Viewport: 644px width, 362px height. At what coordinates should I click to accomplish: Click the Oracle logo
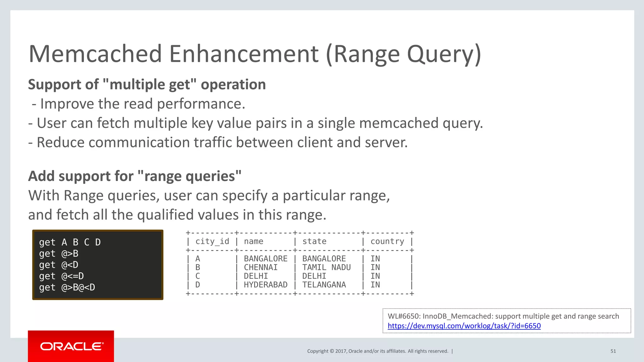tap(71, 346)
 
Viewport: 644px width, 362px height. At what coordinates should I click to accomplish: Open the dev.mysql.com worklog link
tap(464, 326)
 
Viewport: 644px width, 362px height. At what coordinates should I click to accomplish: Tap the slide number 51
tap(613, 351)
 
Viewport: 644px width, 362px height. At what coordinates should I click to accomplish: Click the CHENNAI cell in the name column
tap(260, 267)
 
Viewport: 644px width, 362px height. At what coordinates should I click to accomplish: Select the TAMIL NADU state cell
tap(326, 267)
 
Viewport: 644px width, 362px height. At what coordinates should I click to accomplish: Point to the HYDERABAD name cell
tap(265, 285)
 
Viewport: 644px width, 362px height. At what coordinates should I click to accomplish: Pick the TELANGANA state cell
tap(324, 285)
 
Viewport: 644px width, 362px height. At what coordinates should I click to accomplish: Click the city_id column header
tap(212, 241)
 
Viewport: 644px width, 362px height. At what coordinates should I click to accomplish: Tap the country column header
tap(387, 241)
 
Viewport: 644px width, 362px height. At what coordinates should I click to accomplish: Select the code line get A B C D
tap(70, 242)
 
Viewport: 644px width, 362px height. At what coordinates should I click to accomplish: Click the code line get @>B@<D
tap(67, 287)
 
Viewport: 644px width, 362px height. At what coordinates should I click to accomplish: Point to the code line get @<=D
tap(61, 276)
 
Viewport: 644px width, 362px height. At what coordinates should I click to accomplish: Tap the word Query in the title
tap(444, 54)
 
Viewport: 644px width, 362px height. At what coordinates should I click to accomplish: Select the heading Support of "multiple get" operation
tap(147, 85)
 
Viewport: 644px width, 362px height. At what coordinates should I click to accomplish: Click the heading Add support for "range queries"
tap(135, 176)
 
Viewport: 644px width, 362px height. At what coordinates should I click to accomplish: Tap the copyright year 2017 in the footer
tap(341, 351)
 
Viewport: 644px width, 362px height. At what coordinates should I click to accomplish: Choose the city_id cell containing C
tap(198, 276)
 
